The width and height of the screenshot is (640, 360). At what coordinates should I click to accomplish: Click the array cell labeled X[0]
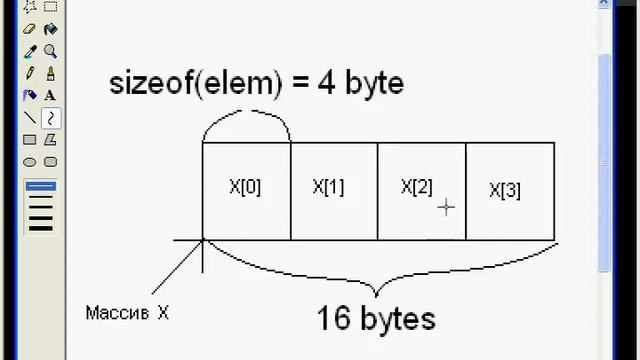[x=246, y=187]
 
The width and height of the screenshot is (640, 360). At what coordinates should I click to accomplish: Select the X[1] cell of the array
[x=329, y=187]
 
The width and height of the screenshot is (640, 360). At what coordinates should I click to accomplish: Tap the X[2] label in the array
[x=417, y=187]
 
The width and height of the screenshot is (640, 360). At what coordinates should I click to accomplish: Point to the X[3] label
[x=505, y=190]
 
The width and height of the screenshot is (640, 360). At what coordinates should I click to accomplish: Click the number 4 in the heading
[x=326, y=83]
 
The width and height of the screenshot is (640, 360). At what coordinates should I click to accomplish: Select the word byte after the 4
[x=374, y=83]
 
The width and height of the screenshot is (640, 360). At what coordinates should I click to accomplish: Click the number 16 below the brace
[x=334, y=319]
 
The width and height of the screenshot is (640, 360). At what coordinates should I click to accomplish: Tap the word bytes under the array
[x=398, y=320]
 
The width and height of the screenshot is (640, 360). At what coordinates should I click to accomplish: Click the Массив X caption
[x=127, y=313]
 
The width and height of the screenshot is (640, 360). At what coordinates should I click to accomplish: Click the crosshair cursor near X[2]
[x=446, y=207]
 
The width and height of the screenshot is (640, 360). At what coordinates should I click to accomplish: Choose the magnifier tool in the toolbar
[x=50, y=52]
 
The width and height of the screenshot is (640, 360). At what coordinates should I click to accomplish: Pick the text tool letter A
[x=50, y=96]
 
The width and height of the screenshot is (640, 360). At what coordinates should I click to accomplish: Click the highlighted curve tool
[x=50, y=118]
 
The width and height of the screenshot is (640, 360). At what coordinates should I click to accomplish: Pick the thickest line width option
[x=40, y=227]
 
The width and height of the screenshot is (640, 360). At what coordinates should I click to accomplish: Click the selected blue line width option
[x=40, y=187]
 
